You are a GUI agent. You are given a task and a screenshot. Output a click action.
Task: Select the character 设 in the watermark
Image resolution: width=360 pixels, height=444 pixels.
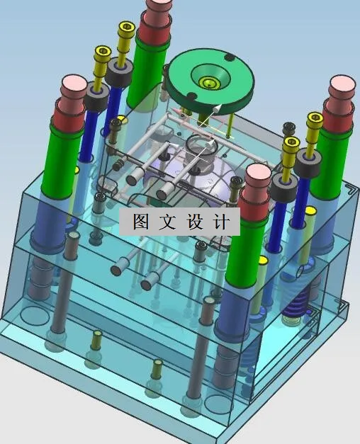tap(194, 222)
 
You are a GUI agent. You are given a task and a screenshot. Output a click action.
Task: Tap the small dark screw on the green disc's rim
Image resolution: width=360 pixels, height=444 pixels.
tap(228, 57)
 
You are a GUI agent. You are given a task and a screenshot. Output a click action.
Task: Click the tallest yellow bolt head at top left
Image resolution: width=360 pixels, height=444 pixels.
tap(126, 30)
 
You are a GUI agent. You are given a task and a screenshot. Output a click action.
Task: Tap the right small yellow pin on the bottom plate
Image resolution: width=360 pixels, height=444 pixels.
tap(157, 365)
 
